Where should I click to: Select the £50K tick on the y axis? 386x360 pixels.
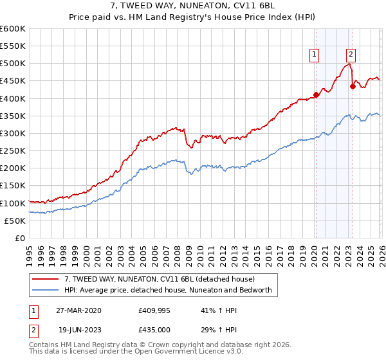(15, 221)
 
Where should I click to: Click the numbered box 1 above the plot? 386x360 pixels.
(315, 55)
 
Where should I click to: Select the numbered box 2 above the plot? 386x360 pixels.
(351, 55)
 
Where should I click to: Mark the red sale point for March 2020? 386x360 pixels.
(316, 95)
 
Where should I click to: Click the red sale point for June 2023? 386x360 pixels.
(353, 86)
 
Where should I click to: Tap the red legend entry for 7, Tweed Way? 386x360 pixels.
(160, 279)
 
